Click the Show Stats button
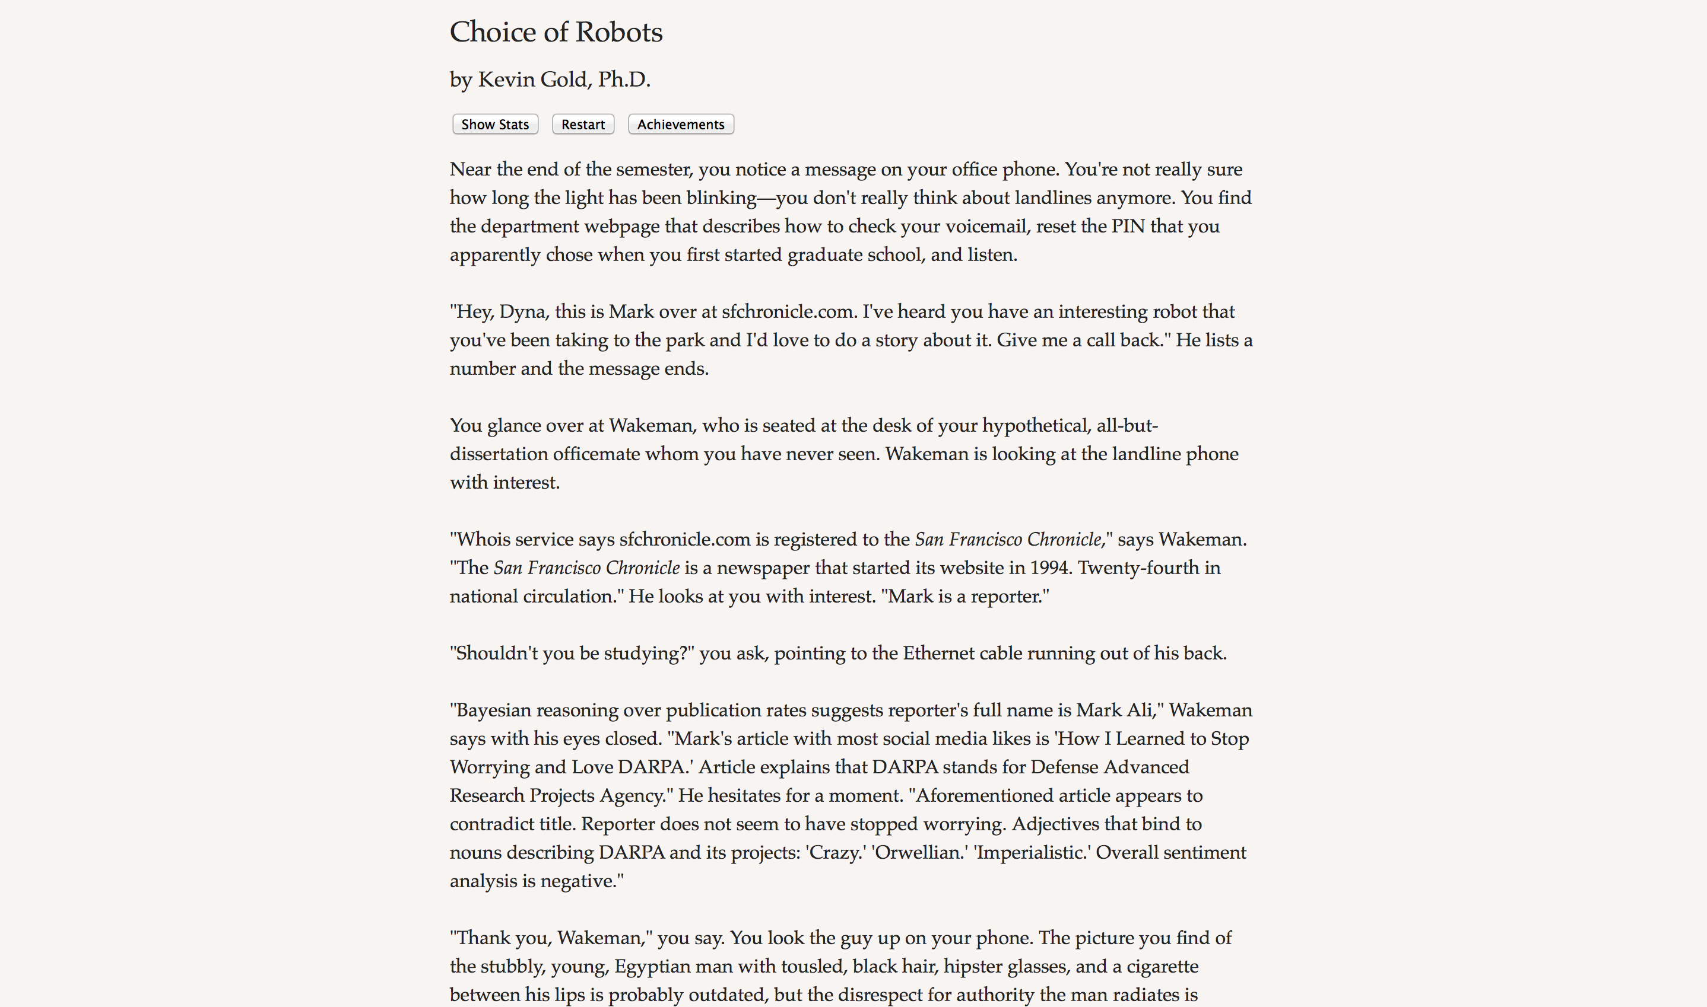(x=495, y=124)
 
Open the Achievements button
(x=680, y=124)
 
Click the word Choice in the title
(x=493, y=32)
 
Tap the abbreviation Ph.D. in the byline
(x=623, y=79)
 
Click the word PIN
(x=1128, y=226)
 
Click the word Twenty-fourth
(x=1138, y=568)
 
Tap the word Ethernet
(x=939, y=654)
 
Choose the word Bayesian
(x=493, y=710)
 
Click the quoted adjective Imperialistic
(x=1032, y=853)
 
